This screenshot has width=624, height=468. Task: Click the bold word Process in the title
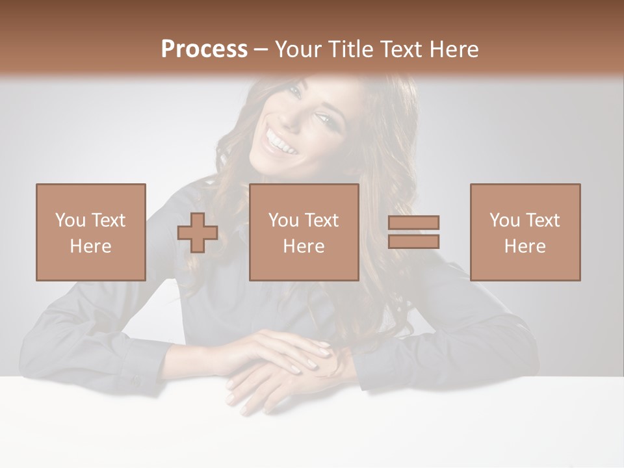click(x=204, y=49)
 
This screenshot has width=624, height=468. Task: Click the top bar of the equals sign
click(x=413, y=223)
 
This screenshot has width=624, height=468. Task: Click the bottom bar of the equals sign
click(x=413, y=242)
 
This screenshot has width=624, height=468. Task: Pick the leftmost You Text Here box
click(x=91, y=232)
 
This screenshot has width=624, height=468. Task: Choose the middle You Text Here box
click(x=304, y=232)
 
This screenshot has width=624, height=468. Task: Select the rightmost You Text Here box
click(x=525, y=232)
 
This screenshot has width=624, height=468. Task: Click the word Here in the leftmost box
click(x=91, y=246)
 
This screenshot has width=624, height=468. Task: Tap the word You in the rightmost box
click(x=504, y=220)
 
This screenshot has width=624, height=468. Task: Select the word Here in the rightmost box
click(x=525, y=246)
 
